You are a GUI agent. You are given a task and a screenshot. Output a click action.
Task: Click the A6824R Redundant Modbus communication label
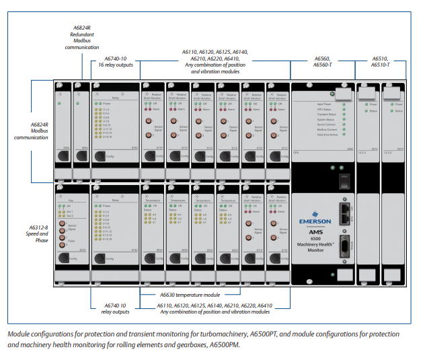coord(81,37)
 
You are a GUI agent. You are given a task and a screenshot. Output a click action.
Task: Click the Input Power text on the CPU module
coord(323,104)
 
